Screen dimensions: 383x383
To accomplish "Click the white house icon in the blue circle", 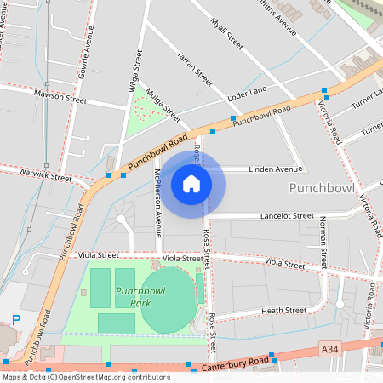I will [191, 183].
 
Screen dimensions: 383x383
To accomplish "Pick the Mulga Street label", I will [163, 104].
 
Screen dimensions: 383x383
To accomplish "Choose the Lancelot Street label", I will [288, 216].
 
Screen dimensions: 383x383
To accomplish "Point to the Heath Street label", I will [283, 311].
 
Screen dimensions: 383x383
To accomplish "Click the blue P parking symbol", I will [15, 320].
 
